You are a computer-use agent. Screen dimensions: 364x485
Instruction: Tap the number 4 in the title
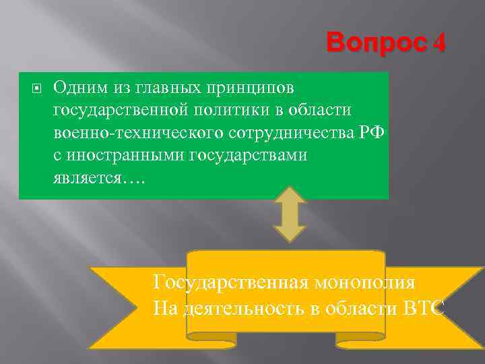439,45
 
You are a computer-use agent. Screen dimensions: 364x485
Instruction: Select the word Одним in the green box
78,87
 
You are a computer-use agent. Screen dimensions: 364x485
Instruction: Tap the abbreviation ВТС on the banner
424,308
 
